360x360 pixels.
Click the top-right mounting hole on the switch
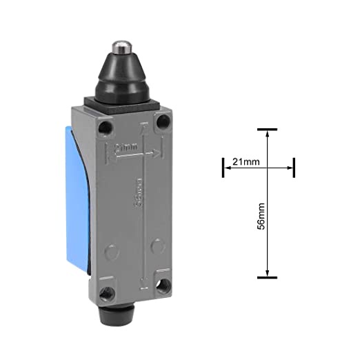(163, 123)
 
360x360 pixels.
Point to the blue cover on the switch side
(77, 200)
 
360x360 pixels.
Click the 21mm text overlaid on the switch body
(126, 147)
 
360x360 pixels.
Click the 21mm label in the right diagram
(246, 162)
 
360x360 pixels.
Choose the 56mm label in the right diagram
(261, 217)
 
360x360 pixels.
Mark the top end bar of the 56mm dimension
(267, 130)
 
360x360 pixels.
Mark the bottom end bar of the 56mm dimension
(267, 277)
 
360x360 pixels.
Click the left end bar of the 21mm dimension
(223, 167)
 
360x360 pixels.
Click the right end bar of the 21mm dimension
(294, 167)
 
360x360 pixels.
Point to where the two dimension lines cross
(267, 167)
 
